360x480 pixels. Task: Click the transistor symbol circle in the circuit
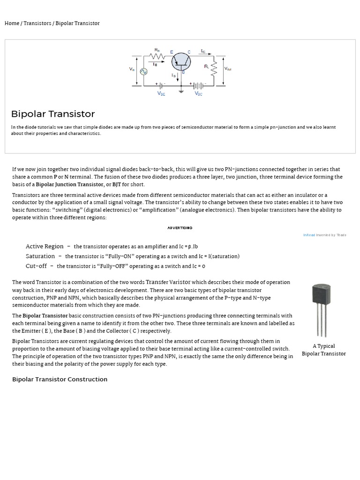click(181, 62)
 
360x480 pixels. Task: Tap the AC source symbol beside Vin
click(143, 71)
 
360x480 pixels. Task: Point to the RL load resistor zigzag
click(214, 69)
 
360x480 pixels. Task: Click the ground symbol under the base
click(181, 91)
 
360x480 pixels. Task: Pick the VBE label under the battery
click(161, 94)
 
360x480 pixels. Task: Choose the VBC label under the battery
click(199, 94)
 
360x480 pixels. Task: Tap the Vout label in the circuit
click(228, 69)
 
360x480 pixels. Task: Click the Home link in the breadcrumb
click(12, 23)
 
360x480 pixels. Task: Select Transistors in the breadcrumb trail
click(37, 23)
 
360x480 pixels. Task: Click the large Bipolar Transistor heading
click(53, 114)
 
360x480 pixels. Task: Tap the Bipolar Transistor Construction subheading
click(60, 379)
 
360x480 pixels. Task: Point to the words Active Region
click(45, 246)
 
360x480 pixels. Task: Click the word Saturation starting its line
click(40, 256)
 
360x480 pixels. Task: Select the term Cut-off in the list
click(36, 266)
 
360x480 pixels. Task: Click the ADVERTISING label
click(180, 228)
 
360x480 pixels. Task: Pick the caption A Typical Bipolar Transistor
click(323, 350)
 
